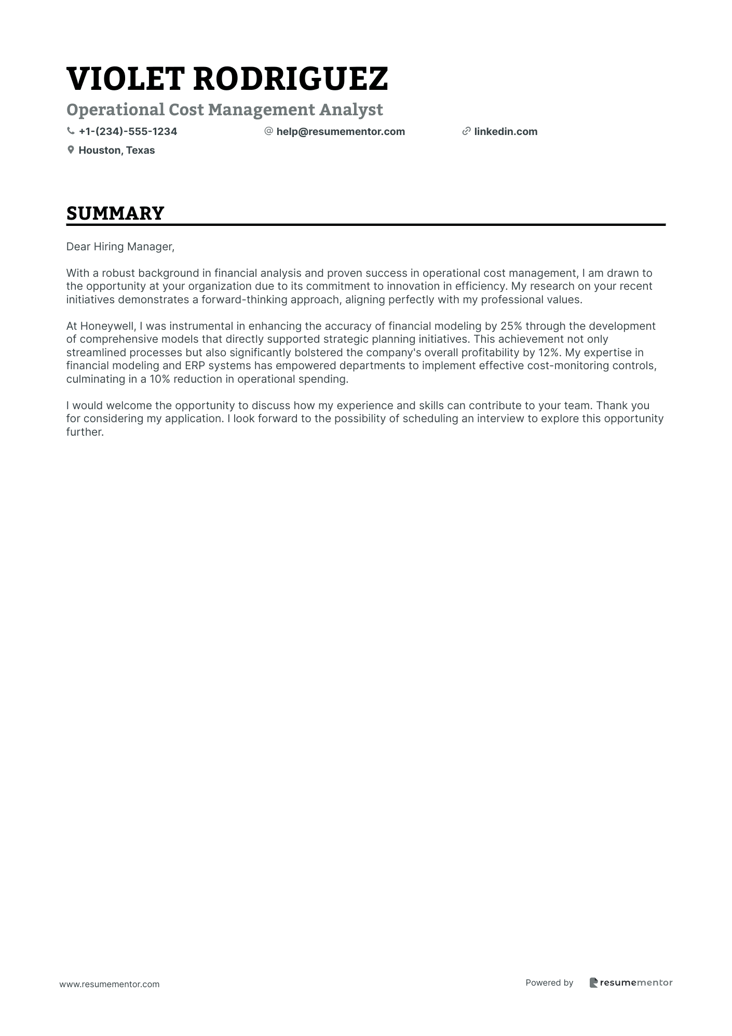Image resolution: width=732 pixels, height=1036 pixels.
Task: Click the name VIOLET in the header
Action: pos(125,79)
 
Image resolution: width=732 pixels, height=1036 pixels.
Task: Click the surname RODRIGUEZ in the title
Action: pos(290,79)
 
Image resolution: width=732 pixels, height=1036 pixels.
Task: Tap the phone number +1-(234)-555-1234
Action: pos(128,131)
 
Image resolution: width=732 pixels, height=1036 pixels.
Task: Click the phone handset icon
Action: pos(71,131)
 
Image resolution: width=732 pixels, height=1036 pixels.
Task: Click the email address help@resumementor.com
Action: pos(341,131)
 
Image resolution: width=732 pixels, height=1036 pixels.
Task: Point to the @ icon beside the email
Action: pos(268,131)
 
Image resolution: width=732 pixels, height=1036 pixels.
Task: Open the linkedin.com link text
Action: pos(506,131)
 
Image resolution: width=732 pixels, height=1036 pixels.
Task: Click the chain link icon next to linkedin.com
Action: pos(466,131)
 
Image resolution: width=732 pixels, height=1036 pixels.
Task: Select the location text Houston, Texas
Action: pos(116,150)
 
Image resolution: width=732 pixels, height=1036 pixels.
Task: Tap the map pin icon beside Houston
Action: pos(71,150)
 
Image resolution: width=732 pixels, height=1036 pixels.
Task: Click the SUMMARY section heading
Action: pos(115,213)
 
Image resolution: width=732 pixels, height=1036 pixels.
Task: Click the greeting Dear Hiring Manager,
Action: pos(120,247)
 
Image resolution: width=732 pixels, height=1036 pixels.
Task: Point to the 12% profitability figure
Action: pos(548,353)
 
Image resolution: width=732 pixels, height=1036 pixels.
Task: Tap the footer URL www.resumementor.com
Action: pos(110,984)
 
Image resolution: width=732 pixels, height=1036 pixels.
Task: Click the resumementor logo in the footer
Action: pos(631,983)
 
